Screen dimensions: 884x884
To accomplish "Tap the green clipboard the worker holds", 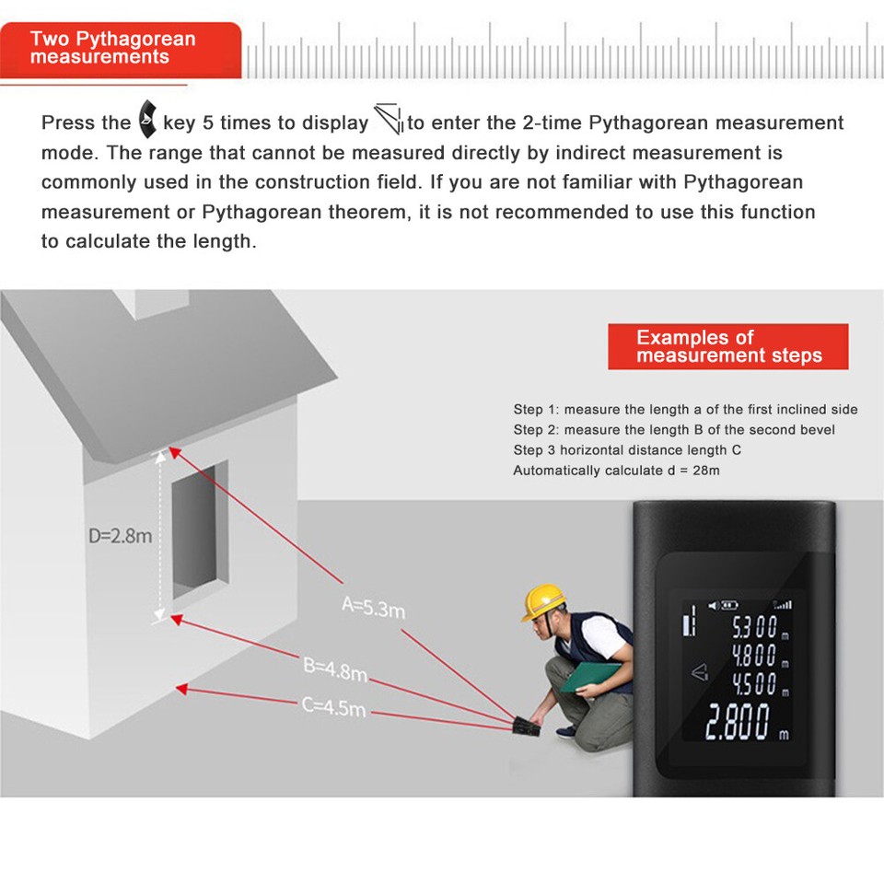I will point(589,678).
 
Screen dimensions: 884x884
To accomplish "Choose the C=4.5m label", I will point(333,707).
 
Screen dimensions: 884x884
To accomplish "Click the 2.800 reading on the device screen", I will point(737,724).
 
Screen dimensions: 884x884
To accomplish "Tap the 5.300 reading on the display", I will point(754,629).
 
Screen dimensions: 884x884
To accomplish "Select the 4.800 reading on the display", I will point(754,657).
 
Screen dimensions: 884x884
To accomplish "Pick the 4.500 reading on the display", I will point(754,684).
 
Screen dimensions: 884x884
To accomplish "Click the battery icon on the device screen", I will point(728,605).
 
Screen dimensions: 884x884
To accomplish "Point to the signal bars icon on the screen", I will point(783,605).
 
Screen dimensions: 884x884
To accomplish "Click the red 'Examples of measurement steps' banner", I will point(727,347).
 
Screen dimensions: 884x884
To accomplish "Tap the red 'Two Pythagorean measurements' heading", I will point(120,48).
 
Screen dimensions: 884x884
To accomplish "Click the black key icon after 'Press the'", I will point(146,121).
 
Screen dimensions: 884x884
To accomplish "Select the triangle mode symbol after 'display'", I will point(389,121).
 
